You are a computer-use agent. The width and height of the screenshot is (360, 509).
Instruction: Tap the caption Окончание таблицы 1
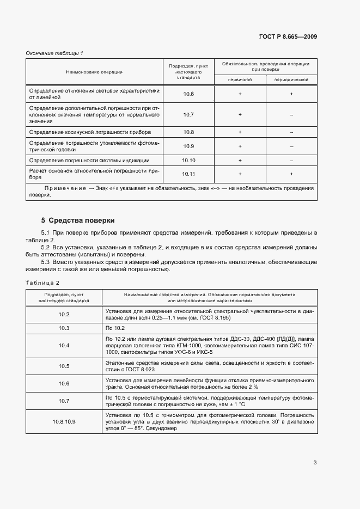tap(54, 53)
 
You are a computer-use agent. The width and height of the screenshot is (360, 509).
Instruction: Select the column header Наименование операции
tap(94, 72)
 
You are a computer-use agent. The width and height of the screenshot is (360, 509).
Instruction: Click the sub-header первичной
tap(240, 79)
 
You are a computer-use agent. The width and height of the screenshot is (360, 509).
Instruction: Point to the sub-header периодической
tap(291, 79)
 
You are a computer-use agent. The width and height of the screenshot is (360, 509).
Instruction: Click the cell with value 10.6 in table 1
tap(188, 94)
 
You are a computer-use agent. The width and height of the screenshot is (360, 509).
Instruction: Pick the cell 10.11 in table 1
tap(188, 174)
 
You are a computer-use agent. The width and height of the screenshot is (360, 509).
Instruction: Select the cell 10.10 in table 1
tap(188, 161)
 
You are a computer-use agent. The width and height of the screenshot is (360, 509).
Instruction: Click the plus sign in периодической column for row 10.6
tap(291, 94)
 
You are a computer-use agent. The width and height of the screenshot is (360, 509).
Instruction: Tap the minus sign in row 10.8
tap(291, 132)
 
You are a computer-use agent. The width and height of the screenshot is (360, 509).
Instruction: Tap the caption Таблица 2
tap(42, 283)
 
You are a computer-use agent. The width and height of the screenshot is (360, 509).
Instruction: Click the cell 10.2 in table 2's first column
tap(64, 315)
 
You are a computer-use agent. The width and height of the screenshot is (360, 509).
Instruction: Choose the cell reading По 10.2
tap(115, 328)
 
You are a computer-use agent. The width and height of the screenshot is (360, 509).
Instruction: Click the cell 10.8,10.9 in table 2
tap(64, 422)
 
